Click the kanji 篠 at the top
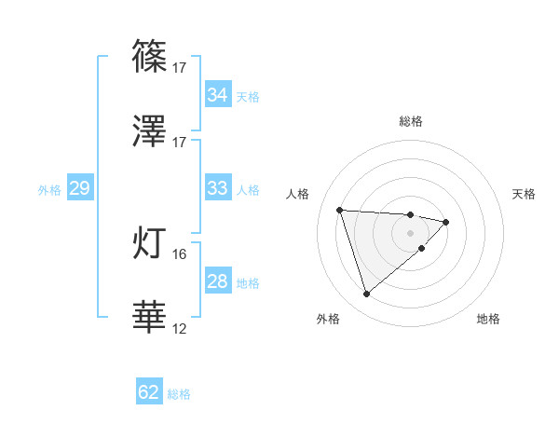coord(150,55)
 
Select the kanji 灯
coord(150,242)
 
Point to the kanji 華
coord(150,317)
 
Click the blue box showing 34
coord(217,95)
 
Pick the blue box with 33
coord(217,188)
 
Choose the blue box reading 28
coord(217,281)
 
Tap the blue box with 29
coord(79,188)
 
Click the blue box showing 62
coord(149,392)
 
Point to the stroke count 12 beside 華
coord(180,328)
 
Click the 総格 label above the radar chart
coord(411,121)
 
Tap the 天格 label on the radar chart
coord(524,194)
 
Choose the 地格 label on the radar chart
coord(488,319)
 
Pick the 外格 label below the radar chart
coord(328,319)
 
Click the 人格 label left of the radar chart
coord(298,194)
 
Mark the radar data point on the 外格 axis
coord(366,294)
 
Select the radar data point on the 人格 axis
coord(340,209)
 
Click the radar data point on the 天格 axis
coord(446,222)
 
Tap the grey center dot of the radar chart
coord(411,233)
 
